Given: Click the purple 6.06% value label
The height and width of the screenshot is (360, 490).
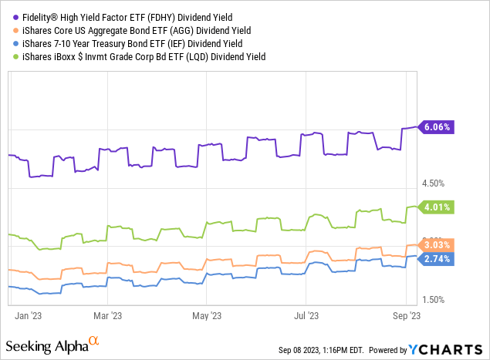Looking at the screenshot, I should coord(438,127).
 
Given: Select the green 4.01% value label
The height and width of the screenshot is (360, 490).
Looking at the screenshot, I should coord(438,207).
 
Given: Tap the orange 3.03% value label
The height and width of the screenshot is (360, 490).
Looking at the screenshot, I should coord(438,245).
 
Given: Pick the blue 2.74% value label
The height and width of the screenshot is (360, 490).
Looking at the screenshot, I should coord(438,259).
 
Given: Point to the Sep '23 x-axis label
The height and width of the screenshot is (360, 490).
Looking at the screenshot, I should coord(405,315).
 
